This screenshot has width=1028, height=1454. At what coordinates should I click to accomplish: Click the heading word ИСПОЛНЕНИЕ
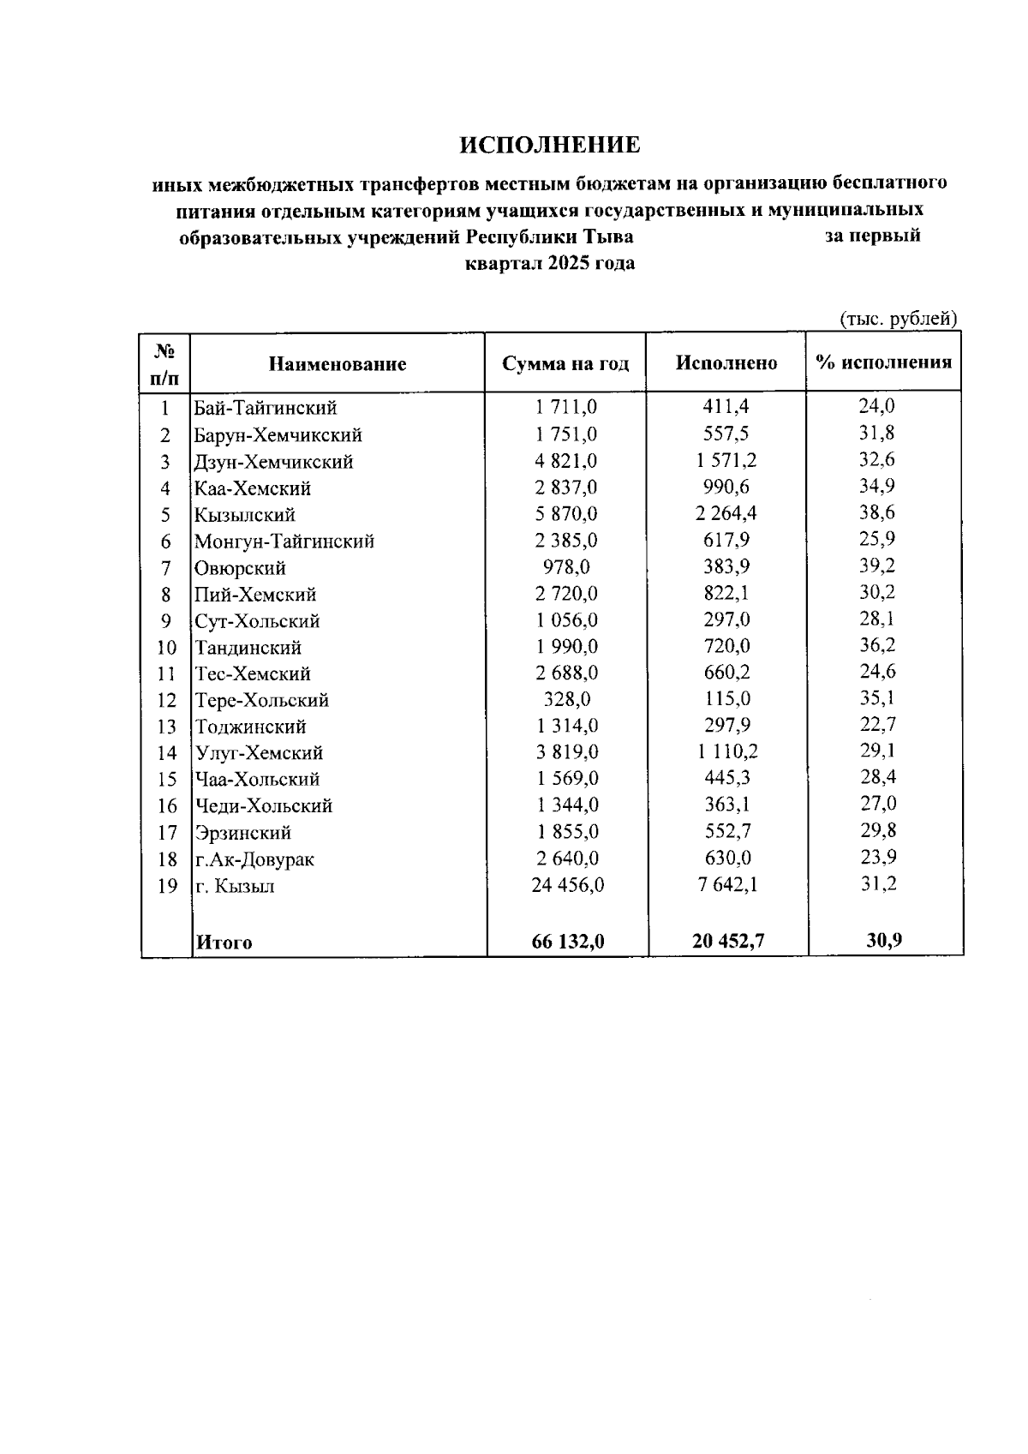[549, 145]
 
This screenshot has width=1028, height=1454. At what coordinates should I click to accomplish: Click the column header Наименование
[338, 364]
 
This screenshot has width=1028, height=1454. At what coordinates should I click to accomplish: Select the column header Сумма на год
[565, 363]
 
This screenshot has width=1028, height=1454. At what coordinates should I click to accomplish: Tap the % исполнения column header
[884, 362]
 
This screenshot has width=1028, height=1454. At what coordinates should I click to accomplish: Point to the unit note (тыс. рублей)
[897, 319]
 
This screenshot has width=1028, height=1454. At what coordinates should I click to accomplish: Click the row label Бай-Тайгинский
[266, 408]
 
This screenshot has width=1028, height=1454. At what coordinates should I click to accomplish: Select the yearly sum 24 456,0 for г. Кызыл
[567, 885]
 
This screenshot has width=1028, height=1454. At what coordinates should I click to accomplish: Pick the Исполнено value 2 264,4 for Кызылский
[726, 513]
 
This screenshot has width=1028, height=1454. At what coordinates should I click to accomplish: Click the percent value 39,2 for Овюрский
[877, 565]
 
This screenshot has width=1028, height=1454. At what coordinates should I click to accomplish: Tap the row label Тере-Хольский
[262, 700]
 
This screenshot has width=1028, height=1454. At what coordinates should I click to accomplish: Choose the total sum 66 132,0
[567, 941]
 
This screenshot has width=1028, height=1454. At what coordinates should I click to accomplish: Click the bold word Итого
[224, 942]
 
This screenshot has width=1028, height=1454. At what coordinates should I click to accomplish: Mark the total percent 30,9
[882, 939]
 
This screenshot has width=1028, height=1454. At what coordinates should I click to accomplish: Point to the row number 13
[166, 727]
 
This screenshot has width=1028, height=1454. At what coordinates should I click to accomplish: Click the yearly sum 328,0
[566, 699]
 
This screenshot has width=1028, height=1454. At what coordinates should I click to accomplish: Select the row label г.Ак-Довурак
[254, 859]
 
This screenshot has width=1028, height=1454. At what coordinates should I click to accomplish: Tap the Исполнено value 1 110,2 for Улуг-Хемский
[726, 752]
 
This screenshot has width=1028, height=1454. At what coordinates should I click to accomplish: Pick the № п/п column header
[165, 363]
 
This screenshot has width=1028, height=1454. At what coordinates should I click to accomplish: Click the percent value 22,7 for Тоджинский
[877, 725]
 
